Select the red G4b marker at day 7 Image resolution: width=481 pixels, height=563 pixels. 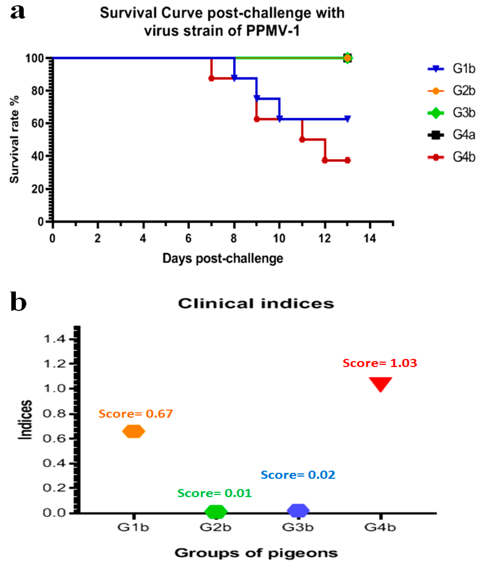pyautogui.click(x=211, y=79)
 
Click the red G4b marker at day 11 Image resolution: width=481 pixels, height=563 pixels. pyautogui.click(x=302, y=140)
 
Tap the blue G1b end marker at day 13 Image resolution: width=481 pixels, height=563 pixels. pyautogui.click(x=347, y=119)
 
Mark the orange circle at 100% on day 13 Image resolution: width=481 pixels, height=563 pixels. pyautogui.click(x=347, y=58)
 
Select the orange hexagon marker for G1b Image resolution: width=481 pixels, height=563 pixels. pyautogui.click(x=133, y=432)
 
